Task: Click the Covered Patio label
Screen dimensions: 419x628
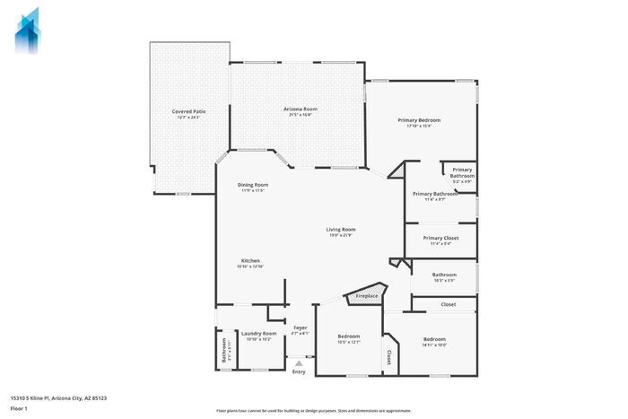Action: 188,111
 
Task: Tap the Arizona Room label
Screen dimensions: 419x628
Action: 301,109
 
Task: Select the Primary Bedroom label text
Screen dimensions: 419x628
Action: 419,119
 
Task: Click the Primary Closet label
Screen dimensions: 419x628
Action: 440,238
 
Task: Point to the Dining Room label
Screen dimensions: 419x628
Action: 253,185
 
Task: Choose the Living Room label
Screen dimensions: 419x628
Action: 341,229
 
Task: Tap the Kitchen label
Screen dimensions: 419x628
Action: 249,261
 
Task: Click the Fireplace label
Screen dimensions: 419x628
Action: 367,296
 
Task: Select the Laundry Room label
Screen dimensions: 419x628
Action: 258,333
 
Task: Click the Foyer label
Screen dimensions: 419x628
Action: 301,327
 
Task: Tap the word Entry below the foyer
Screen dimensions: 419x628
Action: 299,371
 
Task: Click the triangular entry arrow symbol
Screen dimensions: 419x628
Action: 299,362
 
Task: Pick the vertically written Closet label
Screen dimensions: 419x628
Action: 390,358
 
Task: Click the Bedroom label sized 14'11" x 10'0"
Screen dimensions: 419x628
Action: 434,338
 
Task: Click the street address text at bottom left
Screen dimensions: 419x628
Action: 52,397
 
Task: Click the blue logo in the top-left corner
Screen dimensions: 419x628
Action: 28,30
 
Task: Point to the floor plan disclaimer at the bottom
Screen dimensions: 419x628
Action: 313,409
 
